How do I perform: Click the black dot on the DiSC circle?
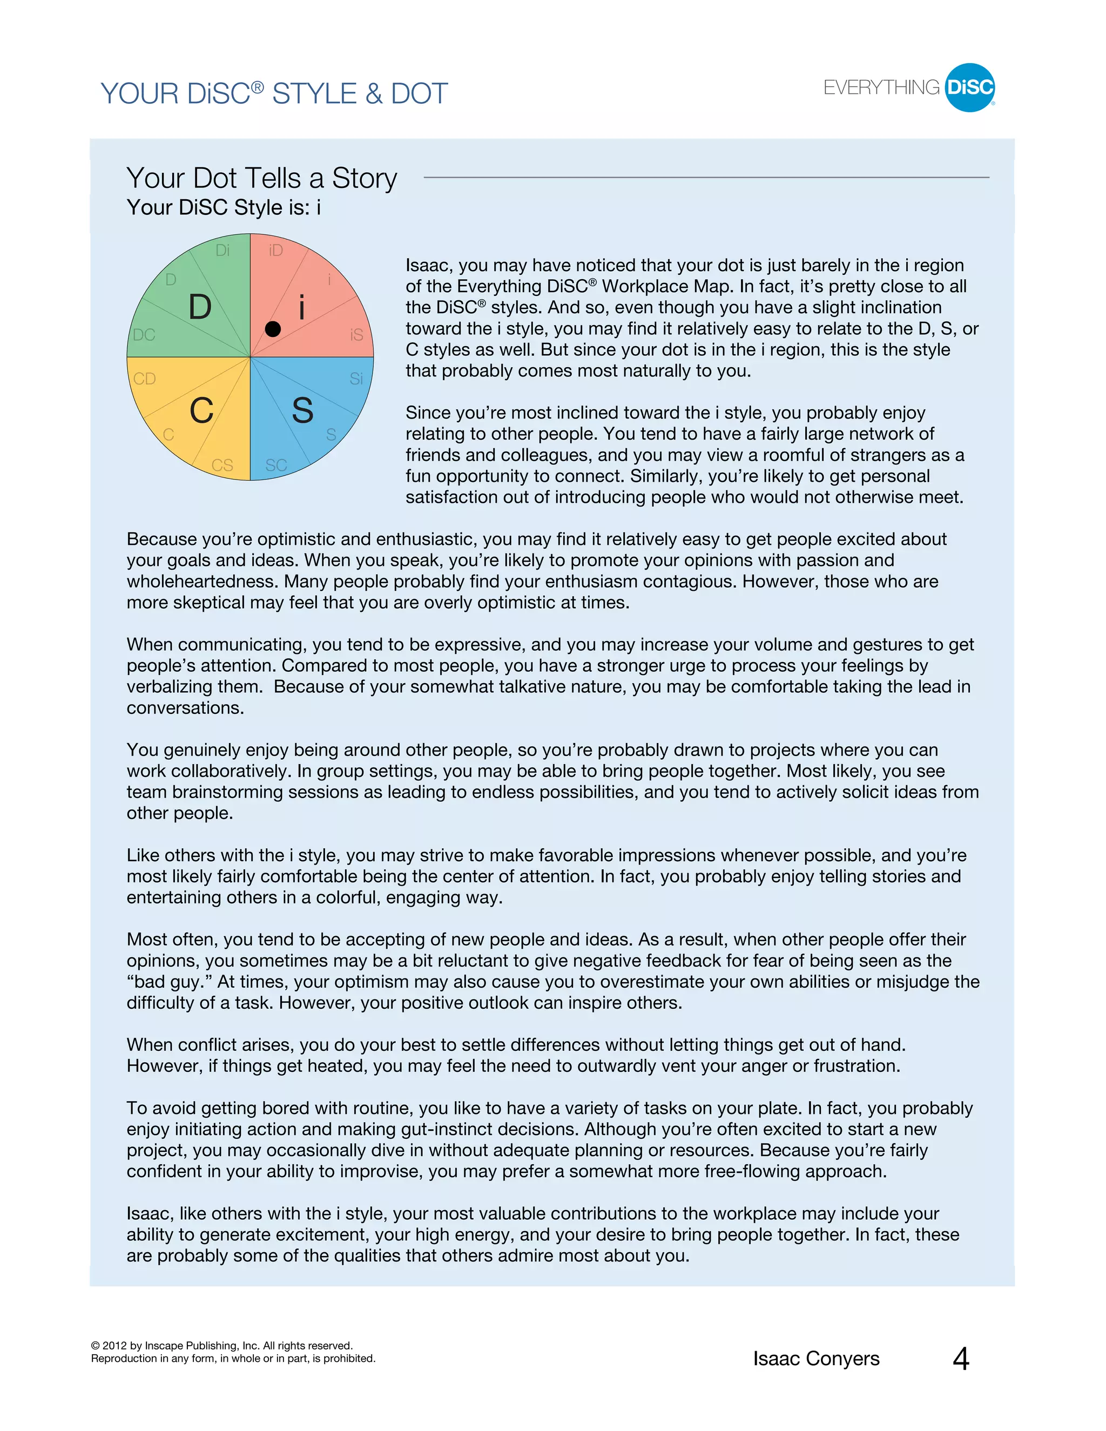pos(273,329)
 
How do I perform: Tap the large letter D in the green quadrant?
pos(200,307)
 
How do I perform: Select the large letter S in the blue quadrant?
pos(302,411)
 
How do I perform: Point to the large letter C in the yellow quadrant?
pos(201,411)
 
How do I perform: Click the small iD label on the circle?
pos(276,251)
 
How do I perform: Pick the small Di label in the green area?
pos(223,251)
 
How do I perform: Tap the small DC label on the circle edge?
pos(144,335)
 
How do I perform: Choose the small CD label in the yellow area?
pos(145,379)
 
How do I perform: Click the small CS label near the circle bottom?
pos(222,465)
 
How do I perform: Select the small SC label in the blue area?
pos(276,465)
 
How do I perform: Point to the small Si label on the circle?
pos(356,379)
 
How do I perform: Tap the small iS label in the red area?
pos(356,335)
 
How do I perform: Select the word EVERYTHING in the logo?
pos(881,88)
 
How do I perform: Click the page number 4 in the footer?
pos(961,1359)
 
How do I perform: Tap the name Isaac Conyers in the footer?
pos(816,1359)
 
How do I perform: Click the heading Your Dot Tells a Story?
pos(261,178)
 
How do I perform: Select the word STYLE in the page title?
pos(314,94)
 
